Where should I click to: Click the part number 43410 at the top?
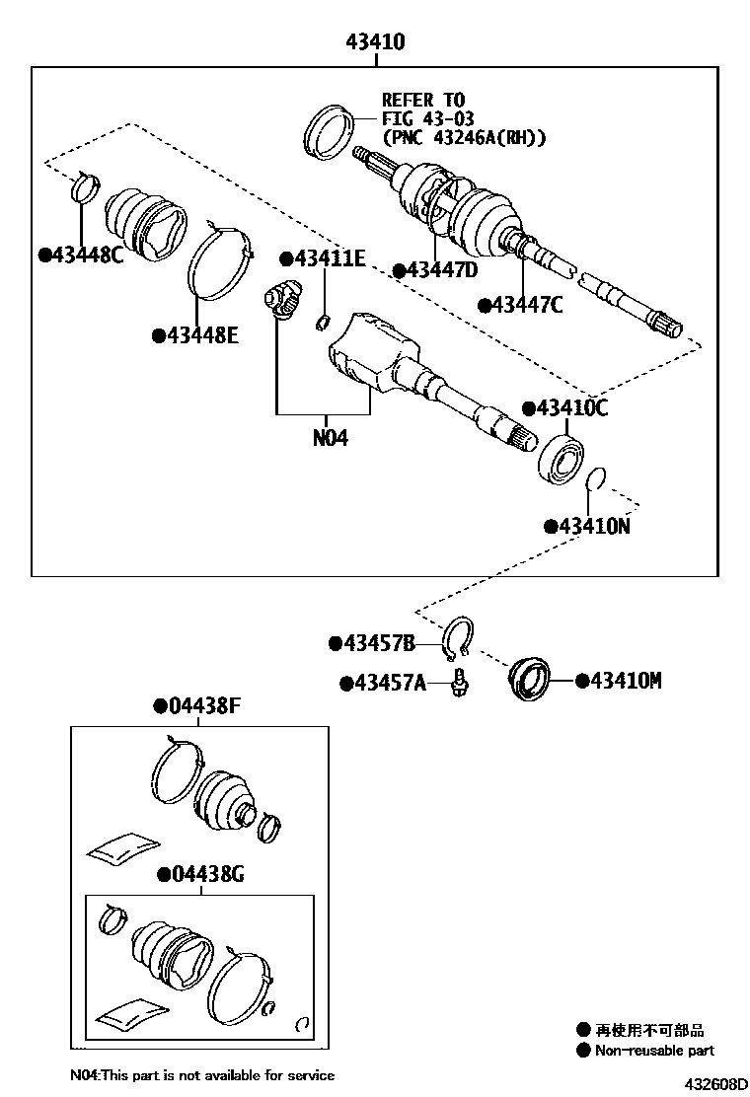pos(375,42)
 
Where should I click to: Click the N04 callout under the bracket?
pos(330,438)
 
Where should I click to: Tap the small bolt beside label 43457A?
pos(459,682)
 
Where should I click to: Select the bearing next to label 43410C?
pos(563,458)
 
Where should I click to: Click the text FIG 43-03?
pos(424,119)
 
